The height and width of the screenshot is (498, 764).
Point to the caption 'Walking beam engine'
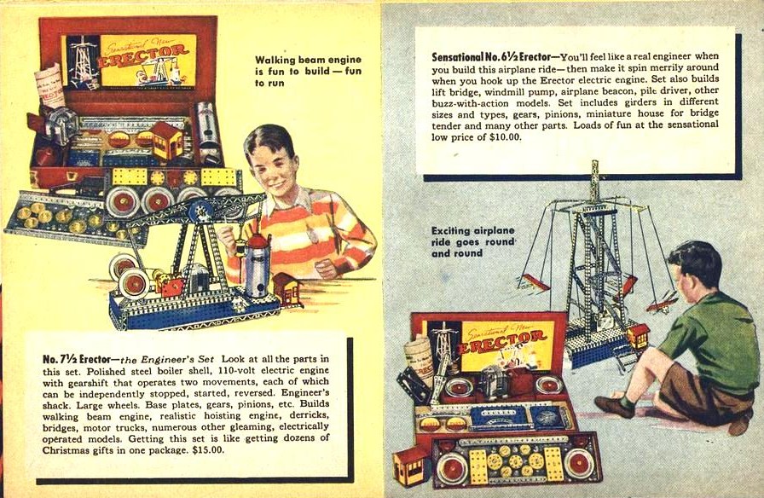[x=309, y=60]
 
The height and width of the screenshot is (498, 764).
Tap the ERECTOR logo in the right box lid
[x=504, y=340]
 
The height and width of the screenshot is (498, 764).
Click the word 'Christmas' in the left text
[x=62, y=450]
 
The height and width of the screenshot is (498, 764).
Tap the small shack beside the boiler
[x=287, y=290]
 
